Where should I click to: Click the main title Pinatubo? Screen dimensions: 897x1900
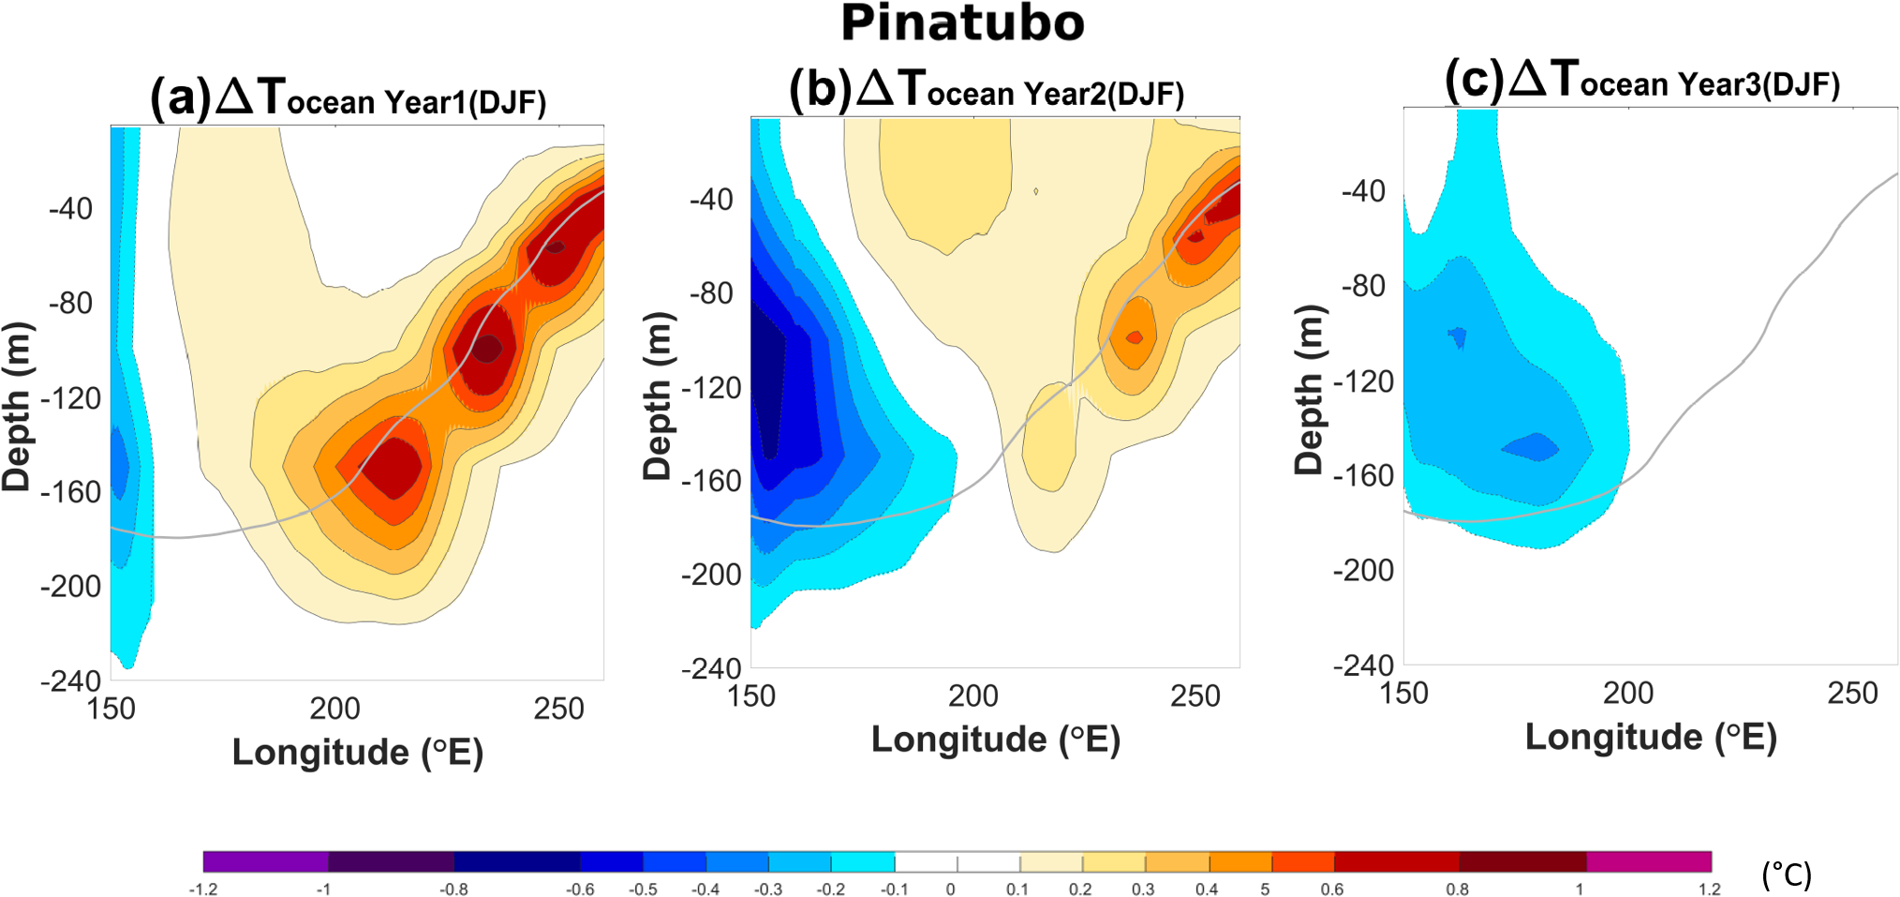[x=962, y=23]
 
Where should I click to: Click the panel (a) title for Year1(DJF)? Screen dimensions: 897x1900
[x=349, y=97]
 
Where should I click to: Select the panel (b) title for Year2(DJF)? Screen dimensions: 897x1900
[x=987, y=90]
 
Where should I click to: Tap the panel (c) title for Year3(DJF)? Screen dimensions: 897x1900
[x=1641, y=81]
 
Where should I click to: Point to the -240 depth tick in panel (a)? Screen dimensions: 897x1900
[x=70, y=680]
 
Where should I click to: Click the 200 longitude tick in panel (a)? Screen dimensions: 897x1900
[x=334, y=709]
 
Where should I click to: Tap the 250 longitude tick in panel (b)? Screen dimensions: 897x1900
[x=1195, y=696]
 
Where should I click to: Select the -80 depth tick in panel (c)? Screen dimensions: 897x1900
[x=1363, y=286]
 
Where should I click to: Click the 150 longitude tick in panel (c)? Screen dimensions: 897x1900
[x=1403, y=694]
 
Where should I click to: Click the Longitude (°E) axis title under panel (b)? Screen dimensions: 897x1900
[x=996, y=740]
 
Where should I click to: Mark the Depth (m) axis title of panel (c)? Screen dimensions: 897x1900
[x=1309, y=389]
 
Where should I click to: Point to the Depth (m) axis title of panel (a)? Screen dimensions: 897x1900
[x=17, y=406]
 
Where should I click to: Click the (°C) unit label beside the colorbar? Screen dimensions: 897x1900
[x=1787, y=875]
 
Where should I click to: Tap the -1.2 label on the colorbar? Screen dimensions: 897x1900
[x=202, y=889]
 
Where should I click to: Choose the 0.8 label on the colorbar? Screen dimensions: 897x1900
[x=1457, y=889]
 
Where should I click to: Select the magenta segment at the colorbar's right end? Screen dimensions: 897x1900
[x=1649, y=861]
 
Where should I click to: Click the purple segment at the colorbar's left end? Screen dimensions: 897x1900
[x=265, y=861]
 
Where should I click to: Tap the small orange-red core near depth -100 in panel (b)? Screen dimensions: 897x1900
[x=1135, y=336]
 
